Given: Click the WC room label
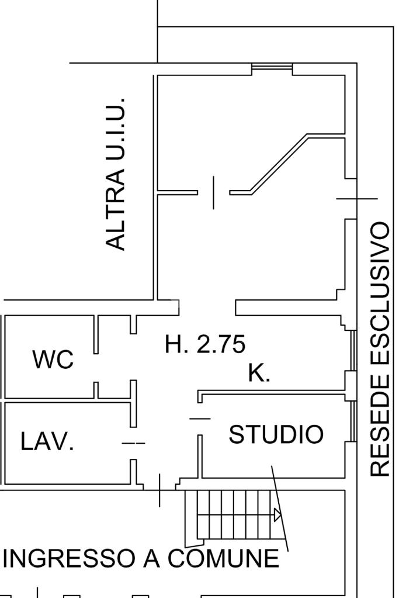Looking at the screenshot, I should tap(53, 360).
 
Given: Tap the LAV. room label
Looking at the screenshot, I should tap(47, 442).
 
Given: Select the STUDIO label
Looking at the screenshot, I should tap(276, 435).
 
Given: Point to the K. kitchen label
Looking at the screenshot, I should tap(259, 373).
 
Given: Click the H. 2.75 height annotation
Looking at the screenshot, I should tap(205, 344).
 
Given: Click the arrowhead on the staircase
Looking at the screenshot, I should tap(277, 515).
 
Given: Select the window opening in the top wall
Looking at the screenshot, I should tap(272, 68).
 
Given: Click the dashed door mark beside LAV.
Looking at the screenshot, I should tap(133, 443).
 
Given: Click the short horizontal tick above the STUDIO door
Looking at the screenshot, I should tap(200, 418).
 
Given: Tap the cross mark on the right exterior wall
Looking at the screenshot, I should tap(356, 199).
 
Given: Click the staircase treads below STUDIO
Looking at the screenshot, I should tap(234, 514).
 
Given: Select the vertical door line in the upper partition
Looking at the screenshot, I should tap(213, 192).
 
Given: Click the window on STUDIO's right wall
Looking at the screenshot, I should tap(353, 421).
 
